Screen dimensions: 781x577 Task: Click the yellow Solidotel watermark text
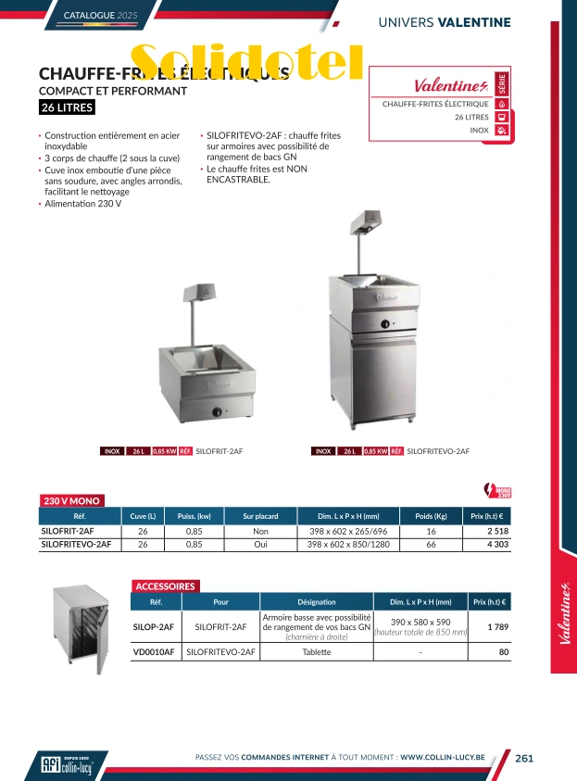[246, 62]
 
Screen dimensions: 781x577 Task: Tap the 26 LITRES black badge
[67, 108]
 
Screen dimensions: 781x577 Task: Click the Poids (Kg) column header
[431, 516]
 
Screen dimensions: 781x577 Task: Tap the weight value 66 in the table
[431, 545]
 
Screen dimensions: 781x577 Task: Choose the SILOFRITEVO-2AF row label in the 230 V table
[76, 545]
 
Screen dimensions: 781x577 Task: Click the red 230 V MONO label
[71, 500]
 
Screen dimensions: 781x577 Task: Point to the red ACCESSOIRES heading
[166, 586]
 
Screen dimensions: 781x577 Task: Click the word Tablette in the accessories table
[317, 652]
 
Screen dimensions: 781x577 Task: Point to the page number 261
[525, 758]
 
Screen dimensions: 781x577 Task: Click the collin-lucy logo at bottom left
[68, 764]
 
